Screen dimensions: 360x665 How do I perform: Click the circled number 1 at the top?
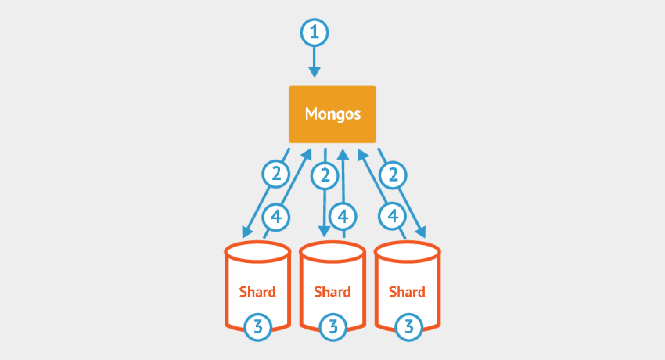pyautogui.click(x=315, y=33)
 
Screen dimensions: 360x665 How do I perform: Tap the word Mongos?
pyautogui.click(x=332, y=114)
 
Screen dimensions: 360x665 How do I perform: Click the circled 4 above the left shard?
pyautogui.click(x=275, y=215)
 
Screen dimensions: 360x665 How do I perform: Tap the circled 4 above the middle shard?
pyautogui.click(x=343, y=215)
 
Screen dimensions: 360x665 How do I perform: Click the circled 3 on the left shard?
pyautogui.click(x=258, y=326)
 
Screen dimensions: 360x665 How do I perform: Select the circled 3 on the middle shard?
pyautogui.click(x=333, y=326)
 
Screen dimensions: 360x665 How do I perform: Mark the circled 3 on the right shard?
pyautogui.click(x=407, y=326)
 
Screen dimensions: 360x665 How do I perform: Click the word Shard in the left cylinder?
pyautogui.click(x=257, y=292)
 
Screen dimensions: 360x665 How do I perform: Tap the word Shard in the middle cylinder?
pyautogui.click(x=332, y=292)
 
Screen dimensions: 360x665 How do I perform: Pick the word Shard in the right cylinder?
pyautogui.click(x=407, y=292)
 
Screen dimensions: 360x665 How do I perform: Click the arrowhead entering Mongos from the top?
pyautogui.click(x=315, y=72)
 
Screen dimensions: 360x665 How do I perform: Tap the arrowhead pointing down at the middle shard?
pyautogui.click(x=325, y=232)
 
